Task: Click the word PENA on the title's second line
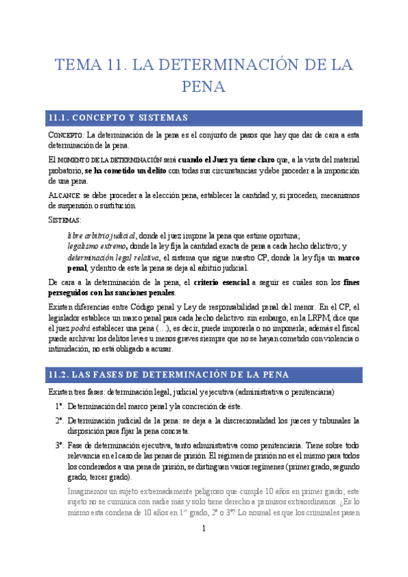[204, 87]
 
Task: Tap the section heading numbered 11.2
[169, 374]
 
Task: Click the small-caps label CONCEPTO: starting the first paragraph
[65, 135]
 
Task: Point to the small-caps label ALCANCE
[65, 196]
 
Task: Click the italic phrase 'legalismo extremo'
[97, 246]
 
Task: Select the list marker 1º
[60, 406]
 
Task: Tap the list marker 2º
[60, 420]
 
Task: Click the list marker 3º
[60, 444]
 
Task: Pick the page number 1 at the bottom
[203, 529]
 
